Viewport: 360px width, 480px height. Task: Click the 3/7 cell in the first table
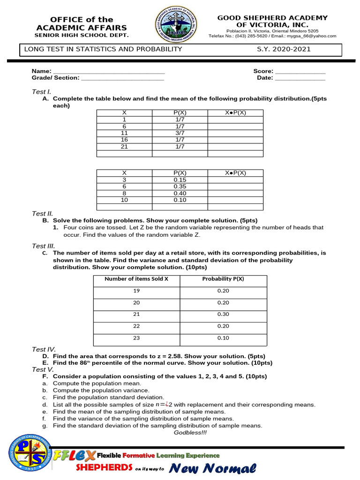pyautogui.click(x=180, y=133)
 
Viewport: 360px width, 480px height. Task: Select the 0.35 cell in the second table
pyautogui.click(x=180, y=186)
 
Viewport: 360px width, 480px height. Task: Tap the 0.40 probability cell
pyautogui.click(x=180, y=193)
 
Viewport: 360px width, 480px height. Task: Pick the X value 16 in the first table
pyautogui.click(x=124, y=140)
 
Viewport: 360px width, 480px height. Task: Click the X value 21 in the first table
pyautogui.click(x=124, y=146)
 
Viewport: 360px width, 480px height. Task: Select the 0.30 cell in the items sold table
pyautogui.click(x=223, y=314)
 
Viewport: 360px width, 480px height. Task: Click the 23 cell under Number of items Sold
pyautogui.click(x=136, y=338)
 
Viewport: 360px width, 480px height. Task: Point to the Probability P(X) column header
pyautogui.click(x=223, y=279)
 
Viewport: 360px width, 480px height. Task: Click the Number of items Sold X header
pyautogui.click(x=136, y=279)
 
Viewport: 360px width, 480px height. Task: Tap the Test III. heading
pyautogui.click(x=44, y=246)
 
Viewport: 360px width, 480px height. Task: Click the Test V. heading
pyautogui.click(x=43, y=369)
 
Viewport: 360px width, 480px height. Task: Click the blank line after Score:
pyautogui.click(x=300, y=71)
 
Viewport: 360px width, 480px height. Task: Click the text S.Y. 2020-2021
pyautogui.click(x=284, y=49)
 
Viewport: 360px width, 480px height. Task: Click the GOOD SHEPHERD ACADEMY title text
pyautogui.click(x=272, y=18)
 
